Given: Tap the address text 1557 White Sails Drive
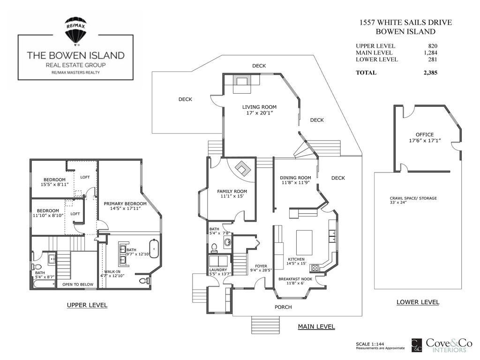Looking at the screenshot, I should pos(405,22).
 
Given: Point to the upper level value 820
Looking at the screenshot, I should pos(432,46).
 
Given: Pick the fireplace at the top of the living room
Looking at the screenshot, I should pos(242,81).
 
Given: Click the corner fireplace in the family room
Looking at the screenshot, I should pos(243,168).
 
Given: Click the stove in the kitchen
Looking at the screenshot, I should pos(315,268).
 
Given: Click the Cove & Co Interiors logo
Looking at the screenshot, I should pos(439,345).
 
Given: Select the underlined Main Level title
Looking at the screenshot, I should pos(316,327).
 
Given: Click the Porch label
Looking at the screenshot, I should pos(283,307).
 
